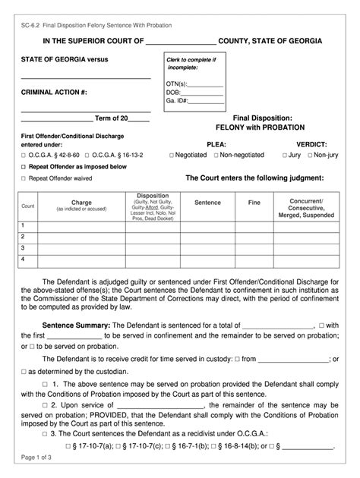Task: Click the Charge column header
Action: click(x=81, y=203)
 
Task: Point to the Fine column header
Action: click(x=254, y=203)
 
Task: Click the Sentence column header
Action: click(x=207, y=203)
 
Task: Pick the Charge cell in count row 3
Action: click(x=81, y=247)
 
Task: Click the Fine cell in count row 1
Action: click(x=254, y=225)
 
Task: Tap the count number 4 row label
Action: click(x=23, y=259)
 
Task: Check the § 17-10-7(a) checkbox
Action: click(x=69, y=445)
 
